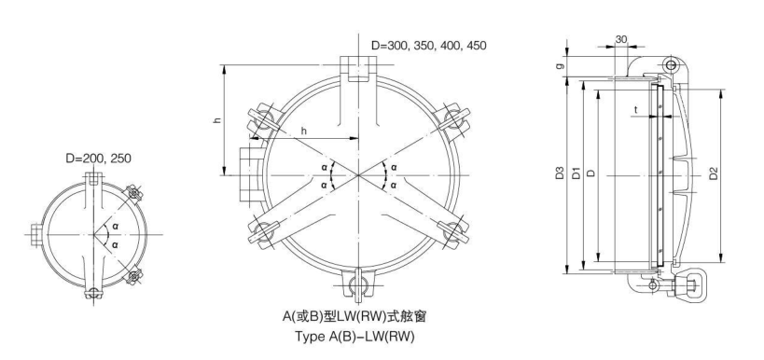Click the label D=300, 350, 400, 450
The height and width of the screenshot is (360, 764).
tap(428, 45)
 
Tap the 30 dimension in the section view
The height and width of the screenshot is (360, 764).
tap(621, 40)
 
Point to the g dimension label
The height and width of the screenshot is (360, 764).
tap(558, 66)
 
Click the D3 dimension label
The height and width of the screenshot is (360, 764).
tap(558, 173)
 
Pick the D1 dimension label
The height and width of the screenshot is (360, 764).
tap(576, 173)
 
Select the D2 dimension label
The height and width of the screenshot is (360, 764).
tap(713, 173)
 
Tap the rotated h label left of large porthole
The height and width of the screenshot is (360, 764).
tap(216, 121)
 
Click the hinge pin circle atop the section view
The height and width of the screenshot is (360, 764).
tap(671, 64)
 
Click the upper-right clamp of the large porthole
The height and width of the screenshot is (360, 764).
tap(456, 118)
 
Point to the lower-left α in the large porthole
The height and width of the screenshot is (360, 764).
tap(324, 185)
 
